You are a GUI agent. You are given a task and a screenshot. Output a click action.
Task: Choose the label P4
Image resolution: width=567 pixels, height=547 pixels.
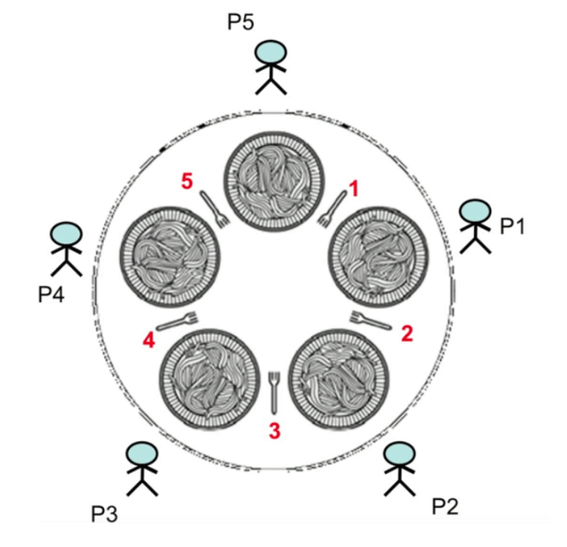click(54, 294)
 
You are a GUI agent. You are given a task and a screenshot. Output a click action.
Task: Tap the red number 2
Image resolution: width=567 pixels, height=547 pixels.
click(407, 333)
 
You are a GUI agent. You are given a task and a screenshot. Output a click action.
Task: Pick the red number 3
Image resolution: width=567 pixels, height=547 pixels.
click(275, 431)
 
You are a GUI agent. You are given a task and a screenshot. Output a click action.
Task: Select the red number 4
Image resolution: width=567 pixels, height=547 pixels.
click(149, 340)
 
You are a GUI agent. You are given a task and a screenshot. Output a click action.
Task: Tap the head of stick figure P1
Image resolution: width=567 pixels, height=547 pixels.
click(475, 212)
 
